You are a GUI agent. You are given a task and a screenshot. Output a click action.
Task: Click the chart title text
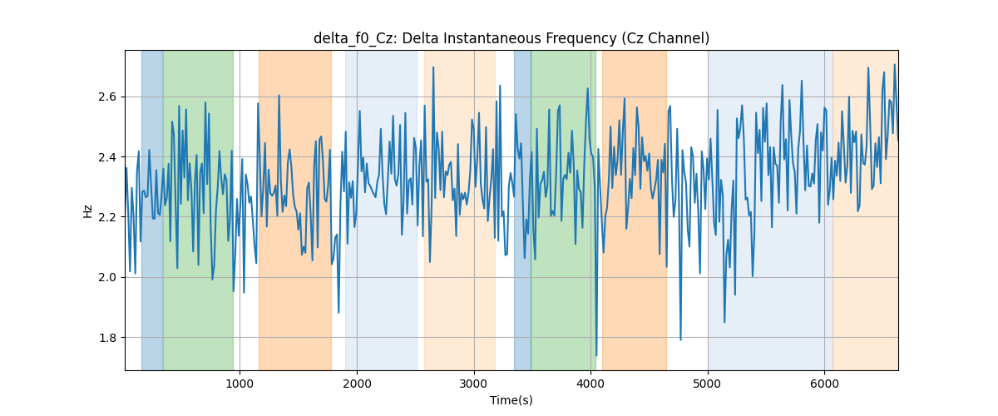511,38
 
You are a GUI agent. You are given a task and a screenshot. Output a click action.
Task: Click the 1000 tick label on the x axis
240,384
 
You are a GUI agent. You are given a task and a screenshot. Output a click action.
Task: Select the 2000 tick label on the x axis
357,384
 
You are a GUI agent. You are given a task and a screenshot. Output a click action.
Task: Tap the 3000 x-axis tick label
474,384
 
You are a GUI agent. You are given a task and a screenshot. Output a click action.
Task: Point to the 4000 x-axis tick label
590,384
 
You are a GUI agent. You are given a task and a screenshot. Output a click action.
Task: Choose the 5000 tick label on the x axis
708,384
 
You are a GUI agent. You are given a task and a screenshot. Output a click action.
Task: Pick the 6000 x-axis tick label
825,384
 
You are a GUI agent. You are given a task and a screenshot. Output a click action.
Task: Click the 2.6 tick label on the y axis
107,97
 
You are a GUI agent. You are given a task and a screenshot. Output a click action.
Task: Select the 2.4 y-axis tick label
107,157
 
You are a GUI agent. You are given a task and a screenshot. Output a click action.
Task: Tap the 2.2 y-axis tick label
107,217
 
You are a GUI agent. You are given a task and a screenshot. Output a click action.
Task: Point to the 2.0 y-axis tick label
107,277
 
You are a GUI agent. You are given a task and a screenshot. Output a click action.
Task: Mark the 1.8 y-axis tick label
107,338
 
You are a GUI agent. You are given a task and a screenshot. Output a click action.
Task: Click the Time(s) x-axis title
511,400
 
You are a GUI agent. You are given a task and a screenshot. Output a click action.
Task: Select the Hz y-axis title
88,210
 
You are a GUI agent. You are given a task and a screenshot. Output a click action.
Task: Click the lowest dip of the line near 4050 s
596,355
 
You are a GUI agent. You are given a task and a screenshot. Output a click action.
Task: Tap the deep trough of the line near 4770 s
680,339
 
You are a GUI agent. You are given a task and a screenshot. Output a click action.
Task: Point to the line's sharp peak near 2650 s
433,67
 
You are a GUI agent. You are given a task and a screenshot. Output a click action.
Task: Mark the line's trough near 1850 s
338,313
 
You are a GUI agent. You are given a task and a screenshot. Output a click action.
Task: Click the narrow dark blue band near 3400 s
522,210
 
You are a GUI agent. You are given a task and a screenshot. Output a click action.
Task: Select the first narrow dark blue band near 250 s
152,210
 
